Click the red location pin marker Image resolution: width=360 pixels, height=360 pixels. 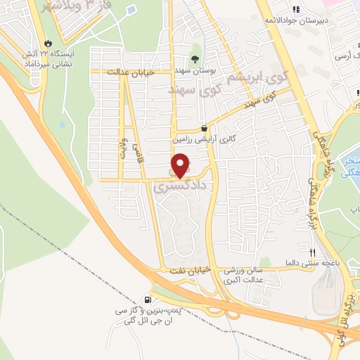[x=181, y=165]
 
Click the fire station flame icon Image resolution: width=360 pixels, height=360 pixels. [x=47, y=41]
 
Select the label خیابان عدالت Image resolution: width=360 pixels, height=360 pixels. [x=130, y=72]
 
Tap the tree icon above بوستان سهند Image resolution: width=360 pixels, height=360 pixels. [x=195, y=59]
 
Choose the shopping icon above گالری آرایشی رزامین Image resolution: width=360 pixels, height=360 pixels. [x=204, y=129]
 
